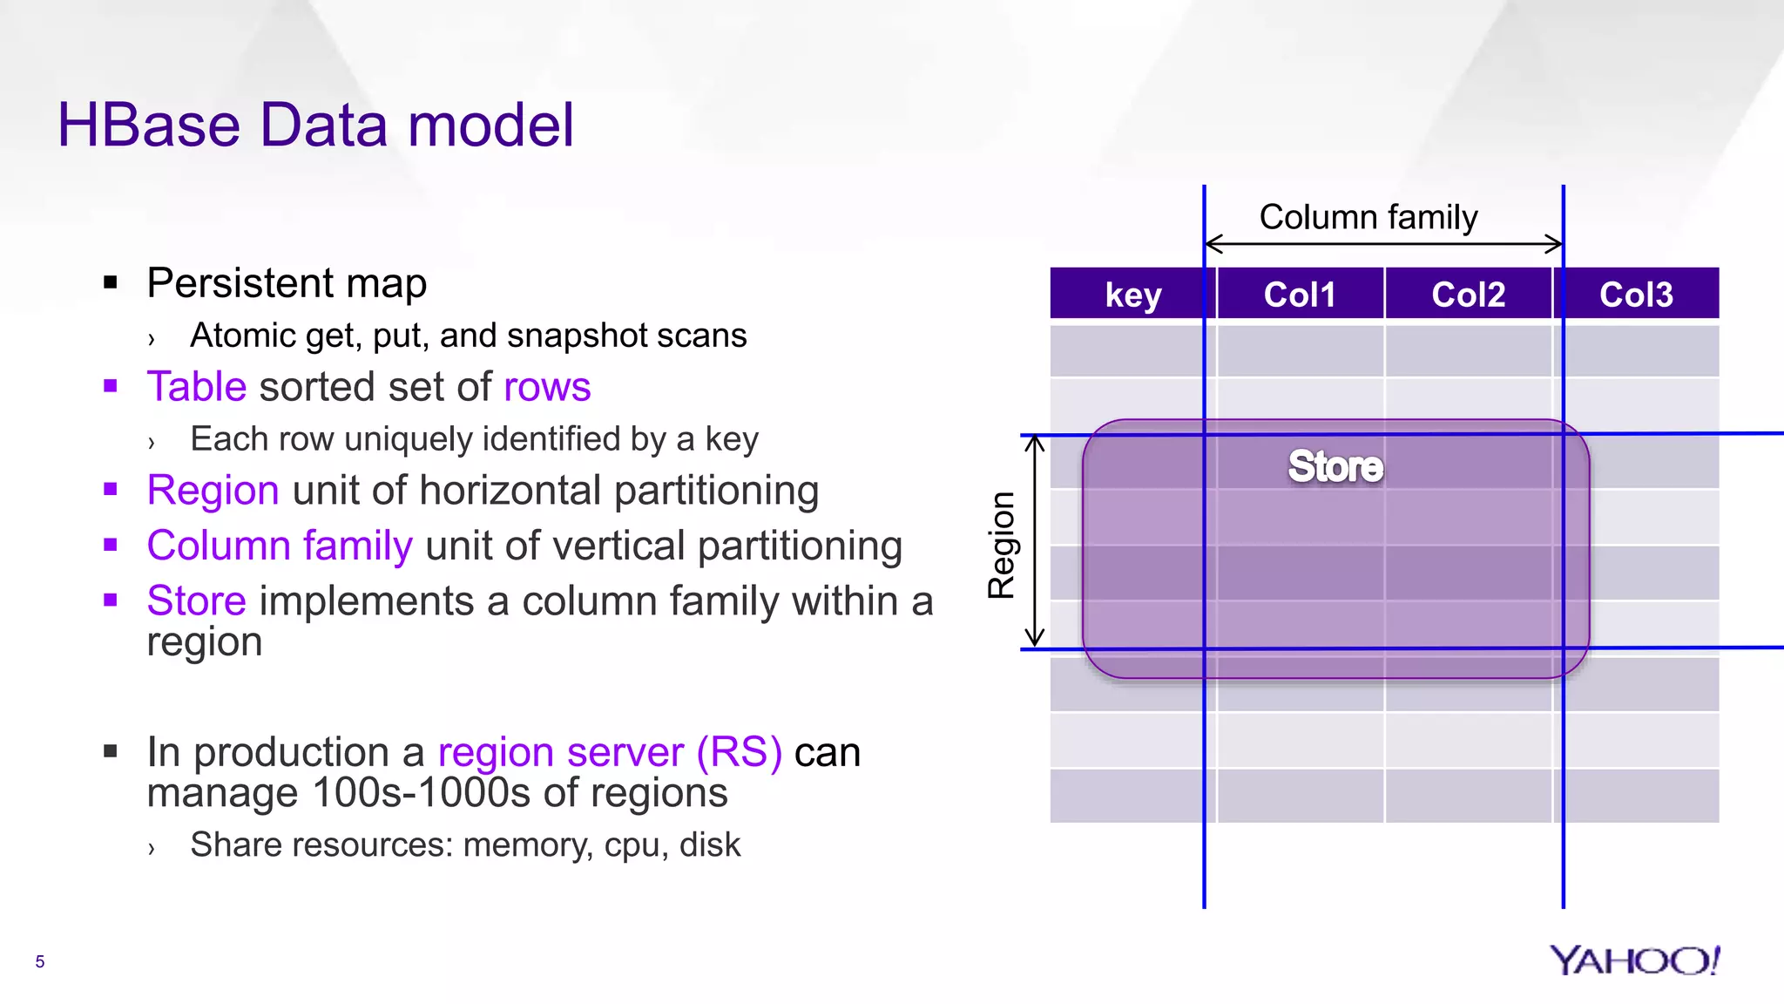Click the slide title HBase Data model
coord(315,125)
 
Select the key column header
coord(1132,295)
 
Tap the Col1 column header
coord(1299,295)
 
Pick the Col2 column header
coord(1468,295)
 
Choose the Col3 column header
coord(1635,295)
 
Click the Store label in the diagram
coord(1335,466)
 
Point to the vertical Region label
coord(1002,545)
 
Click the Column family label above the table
coord(1368,217)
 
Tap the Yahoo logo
coord(1634,960)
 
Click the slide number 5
coord(39,961)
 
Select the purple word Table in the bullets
coord(197,386)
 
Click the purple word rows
coord(547,386)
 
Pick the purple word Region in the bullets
coord(213,490)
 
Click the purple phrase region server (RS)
coord(609,751)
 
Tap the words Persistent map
coord(287,283)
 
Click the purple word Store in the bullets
coord(197,600)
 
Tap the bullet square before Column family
coord(110,545)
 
